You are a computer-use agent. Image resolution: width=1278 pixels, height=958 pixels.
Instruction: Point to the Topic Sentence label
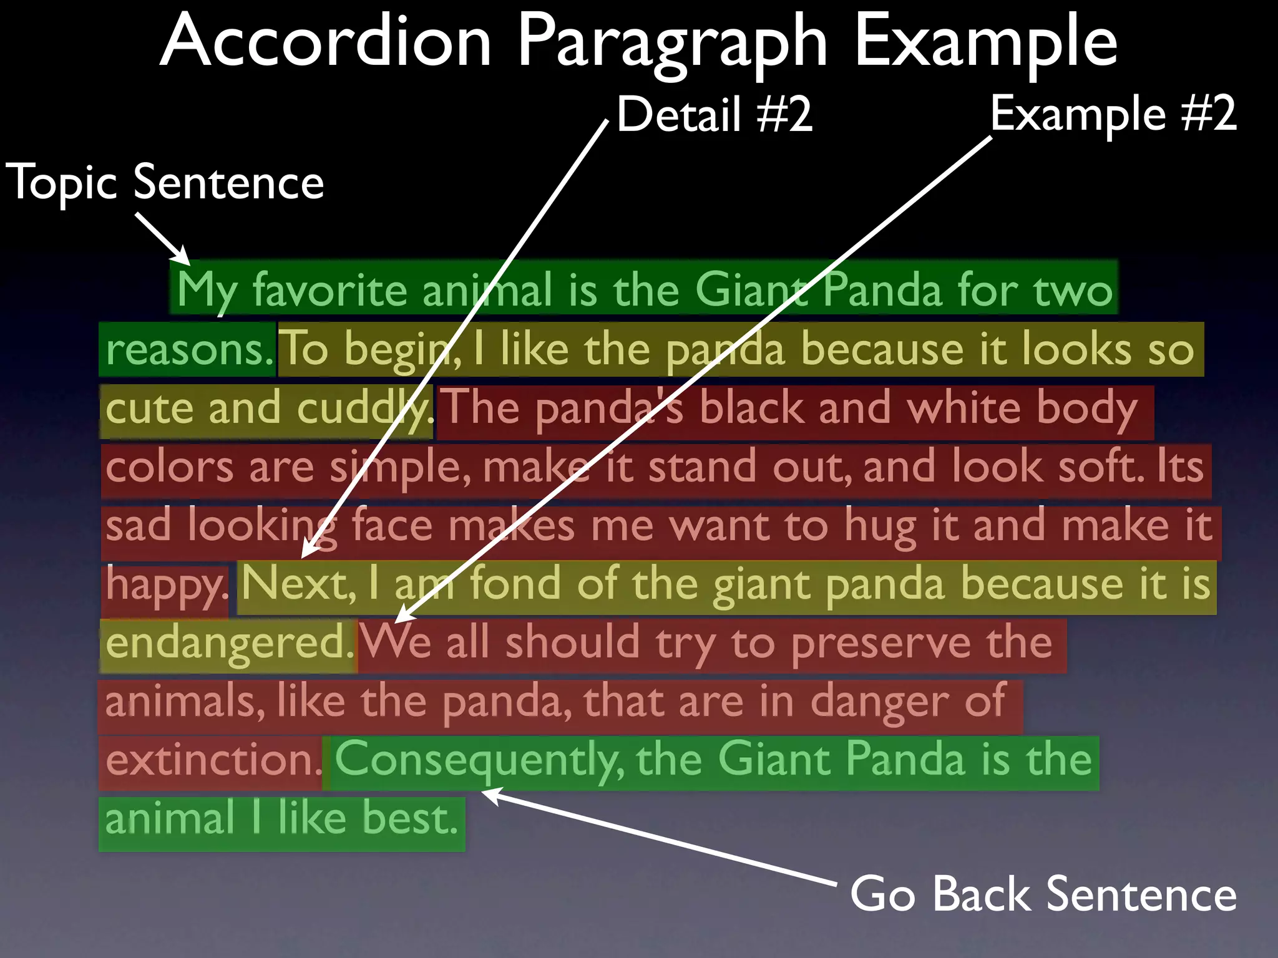click(x=165, y=182)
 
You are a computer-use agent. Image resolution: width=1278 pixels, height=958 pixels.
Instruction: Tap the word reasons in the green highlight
click(x=185, y=349)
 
